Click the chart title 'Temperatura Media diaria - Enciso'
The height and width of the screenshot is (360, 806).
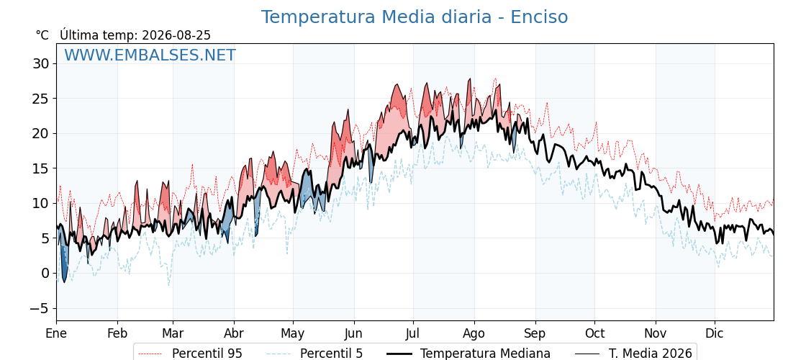pyautogui.click(x=415, y=17)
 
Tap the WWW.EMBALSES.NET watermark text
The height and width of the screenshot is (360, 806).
pyautogui.click(x=150, y=55)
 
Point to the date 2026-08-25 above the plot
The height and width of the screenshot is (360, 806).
pyautogui.click(x=176, y=35)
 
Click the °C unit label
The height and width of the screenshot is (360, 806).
pyautogui.click(x=42, y=35)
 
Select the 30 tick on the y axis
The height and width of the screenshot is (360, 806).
pyautogui.click(x=40, y=64)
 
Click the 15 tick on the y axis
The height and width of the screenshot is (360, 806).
pyautogui.click(x=40, y=168)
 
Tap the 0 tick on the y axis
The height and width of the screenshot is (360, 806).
pyautogui.click(x=45, y=273)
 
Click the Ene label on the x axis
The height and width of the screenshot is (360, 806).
pyautogui.click(x=56, y=333)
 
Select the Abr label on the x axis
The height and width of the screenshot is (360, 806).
pyautogui.click(x=234, y=333)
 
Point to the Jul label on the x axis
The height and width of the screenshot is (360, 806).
pyautogui.click(x=413, y=333)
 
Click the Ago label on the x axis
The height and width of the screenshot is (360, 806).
pyautogui.click(x=474, y=333)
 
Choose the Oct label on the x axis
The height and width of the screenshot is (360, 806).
pyautogui.click(x=594, y=333)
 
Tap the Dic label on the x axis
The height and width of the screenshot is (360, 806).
pyautogui.click(x=715, y=333)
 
